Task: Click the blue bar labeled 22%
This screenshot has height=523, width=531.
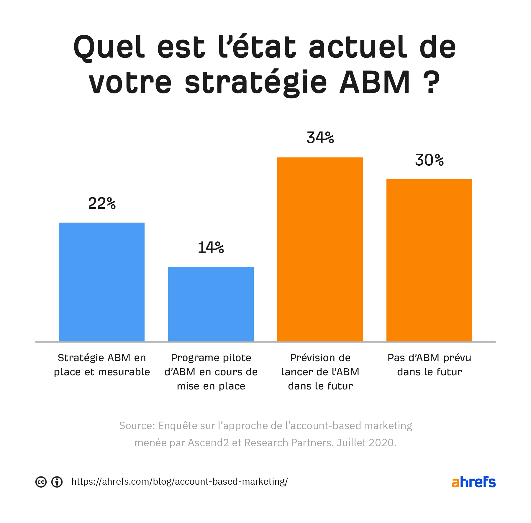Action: tap(102, 282)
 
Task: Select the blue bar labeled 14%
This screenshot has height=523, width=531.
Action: tap(211, 304)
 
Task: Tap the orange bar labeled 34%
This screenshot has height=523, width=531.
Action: tap(320, 249)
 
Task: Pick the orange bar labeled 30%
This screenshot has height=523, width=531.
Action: tap(429, 260)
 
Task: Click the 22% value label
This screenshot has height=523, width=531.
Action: tap(102, 203)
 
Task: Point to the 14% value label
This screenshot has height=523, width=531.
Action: tap(211, 248)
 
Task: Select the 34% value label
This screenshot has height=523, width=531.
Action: tap(320, 138)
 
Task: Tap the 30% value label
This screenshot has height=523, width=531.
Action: tap(429, 160)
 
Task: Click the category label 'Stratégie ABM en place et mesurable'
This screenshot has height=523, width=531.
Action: tap(102, 365)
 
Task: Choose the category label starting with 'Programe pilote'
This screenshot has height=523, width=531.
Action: tap(211, 372)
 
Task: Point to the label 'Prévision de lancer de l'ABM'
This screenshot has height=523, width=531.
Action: tap(320, 372)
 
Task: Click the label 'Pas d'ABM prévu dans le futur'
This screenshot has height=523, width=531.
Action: tap(429, 365)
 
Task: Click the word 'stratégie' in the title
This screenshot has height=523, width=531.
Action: tap(256, 82)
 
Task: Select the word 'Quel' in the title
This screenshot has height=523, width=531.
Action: tap(109, 47)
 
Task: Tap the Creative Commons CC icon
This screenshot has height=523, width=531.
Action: tap(41, 482)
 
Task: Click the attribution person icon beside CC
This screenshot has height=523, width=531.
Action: tap(57, 482)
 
